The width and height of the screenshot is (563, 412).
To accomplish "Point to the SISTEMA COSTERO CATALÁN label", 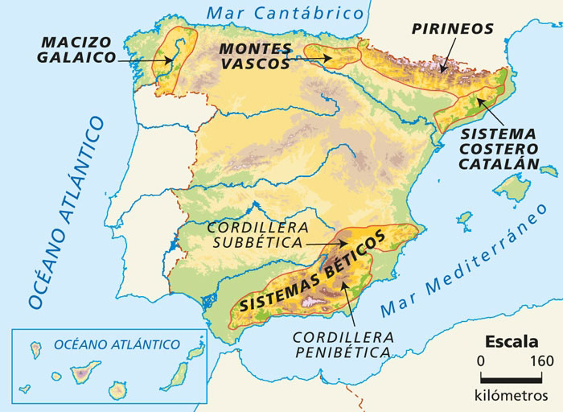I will pyautogui.click(x=498, y=147).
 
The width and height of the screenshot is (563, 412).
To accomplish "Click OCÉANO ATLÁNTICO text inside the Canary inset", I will pyautogui.click(x=117, y=344).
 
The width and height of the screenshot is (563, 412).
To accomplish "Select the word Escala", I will pyautogui.click(x=511, y=340).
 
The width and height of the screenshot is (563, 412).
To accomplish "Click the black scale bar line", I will pyautogui.click(x=511, y=377).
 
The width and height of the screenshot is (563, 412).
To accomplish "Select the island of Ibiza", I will pyautogui.click(x=464, y=218).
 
